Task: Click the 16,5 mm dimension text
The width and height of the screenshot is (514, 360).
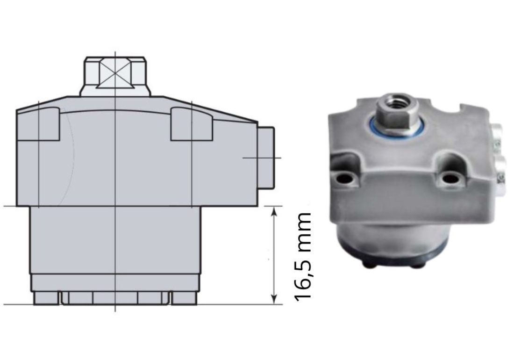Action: pyautogui.click(x=304, y=256)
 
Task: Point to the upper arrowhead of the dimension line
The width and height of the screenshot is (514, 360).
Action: pyautogui.click(x=274, y=212)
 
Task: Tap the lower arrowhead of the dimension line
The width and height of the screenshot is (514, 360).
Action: pyautogui.click(x=274, y=299)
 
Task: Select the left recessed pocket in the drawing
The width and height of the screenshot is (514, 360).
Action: pyautogui.click(x=44, y=124)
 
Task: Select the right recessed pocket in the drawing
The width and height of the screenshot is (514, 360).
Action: pyautogui.click(x=192, y=124)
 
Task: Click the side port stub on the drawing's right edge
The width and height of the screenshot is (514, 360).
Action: pyautogui.click(x=266, y=158)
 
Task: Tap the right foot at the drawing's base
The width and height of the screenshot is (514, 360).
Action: pyautogui.click(x=184, y=298)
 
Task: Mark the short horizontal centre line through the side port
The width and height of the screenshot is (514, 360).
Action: pyautogui.click(x=262, y=158)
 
